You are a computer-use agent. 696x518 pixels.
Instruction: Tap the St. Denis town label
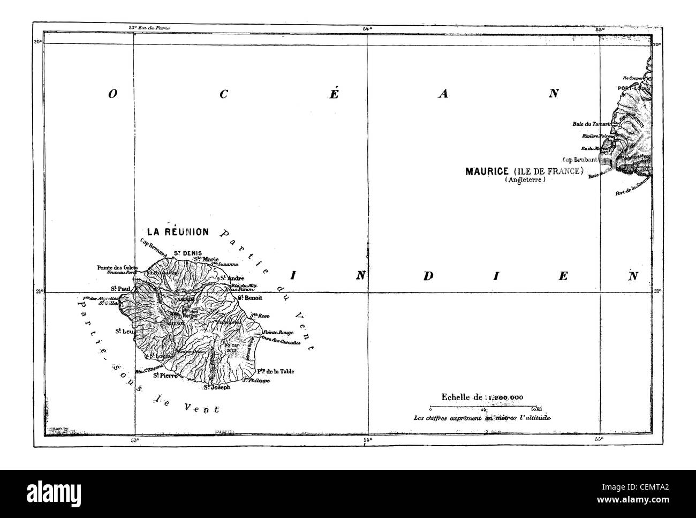184,253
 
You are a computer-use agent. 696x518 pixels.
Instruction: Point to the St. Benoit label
248,297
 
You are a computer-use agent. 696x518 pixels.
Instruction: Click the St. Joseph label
217,387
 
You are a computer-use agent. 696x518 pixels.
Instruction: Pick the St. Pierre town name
165,376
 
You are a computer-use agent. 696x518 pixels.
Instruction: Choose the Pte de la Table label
276,371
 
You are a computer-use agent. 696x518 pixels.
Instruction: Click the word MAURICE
486,171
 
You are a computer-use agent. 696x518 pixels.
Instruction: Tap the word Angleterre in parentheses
524,181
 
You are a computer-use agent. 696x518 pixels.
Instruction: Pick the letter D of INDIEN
428,276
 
